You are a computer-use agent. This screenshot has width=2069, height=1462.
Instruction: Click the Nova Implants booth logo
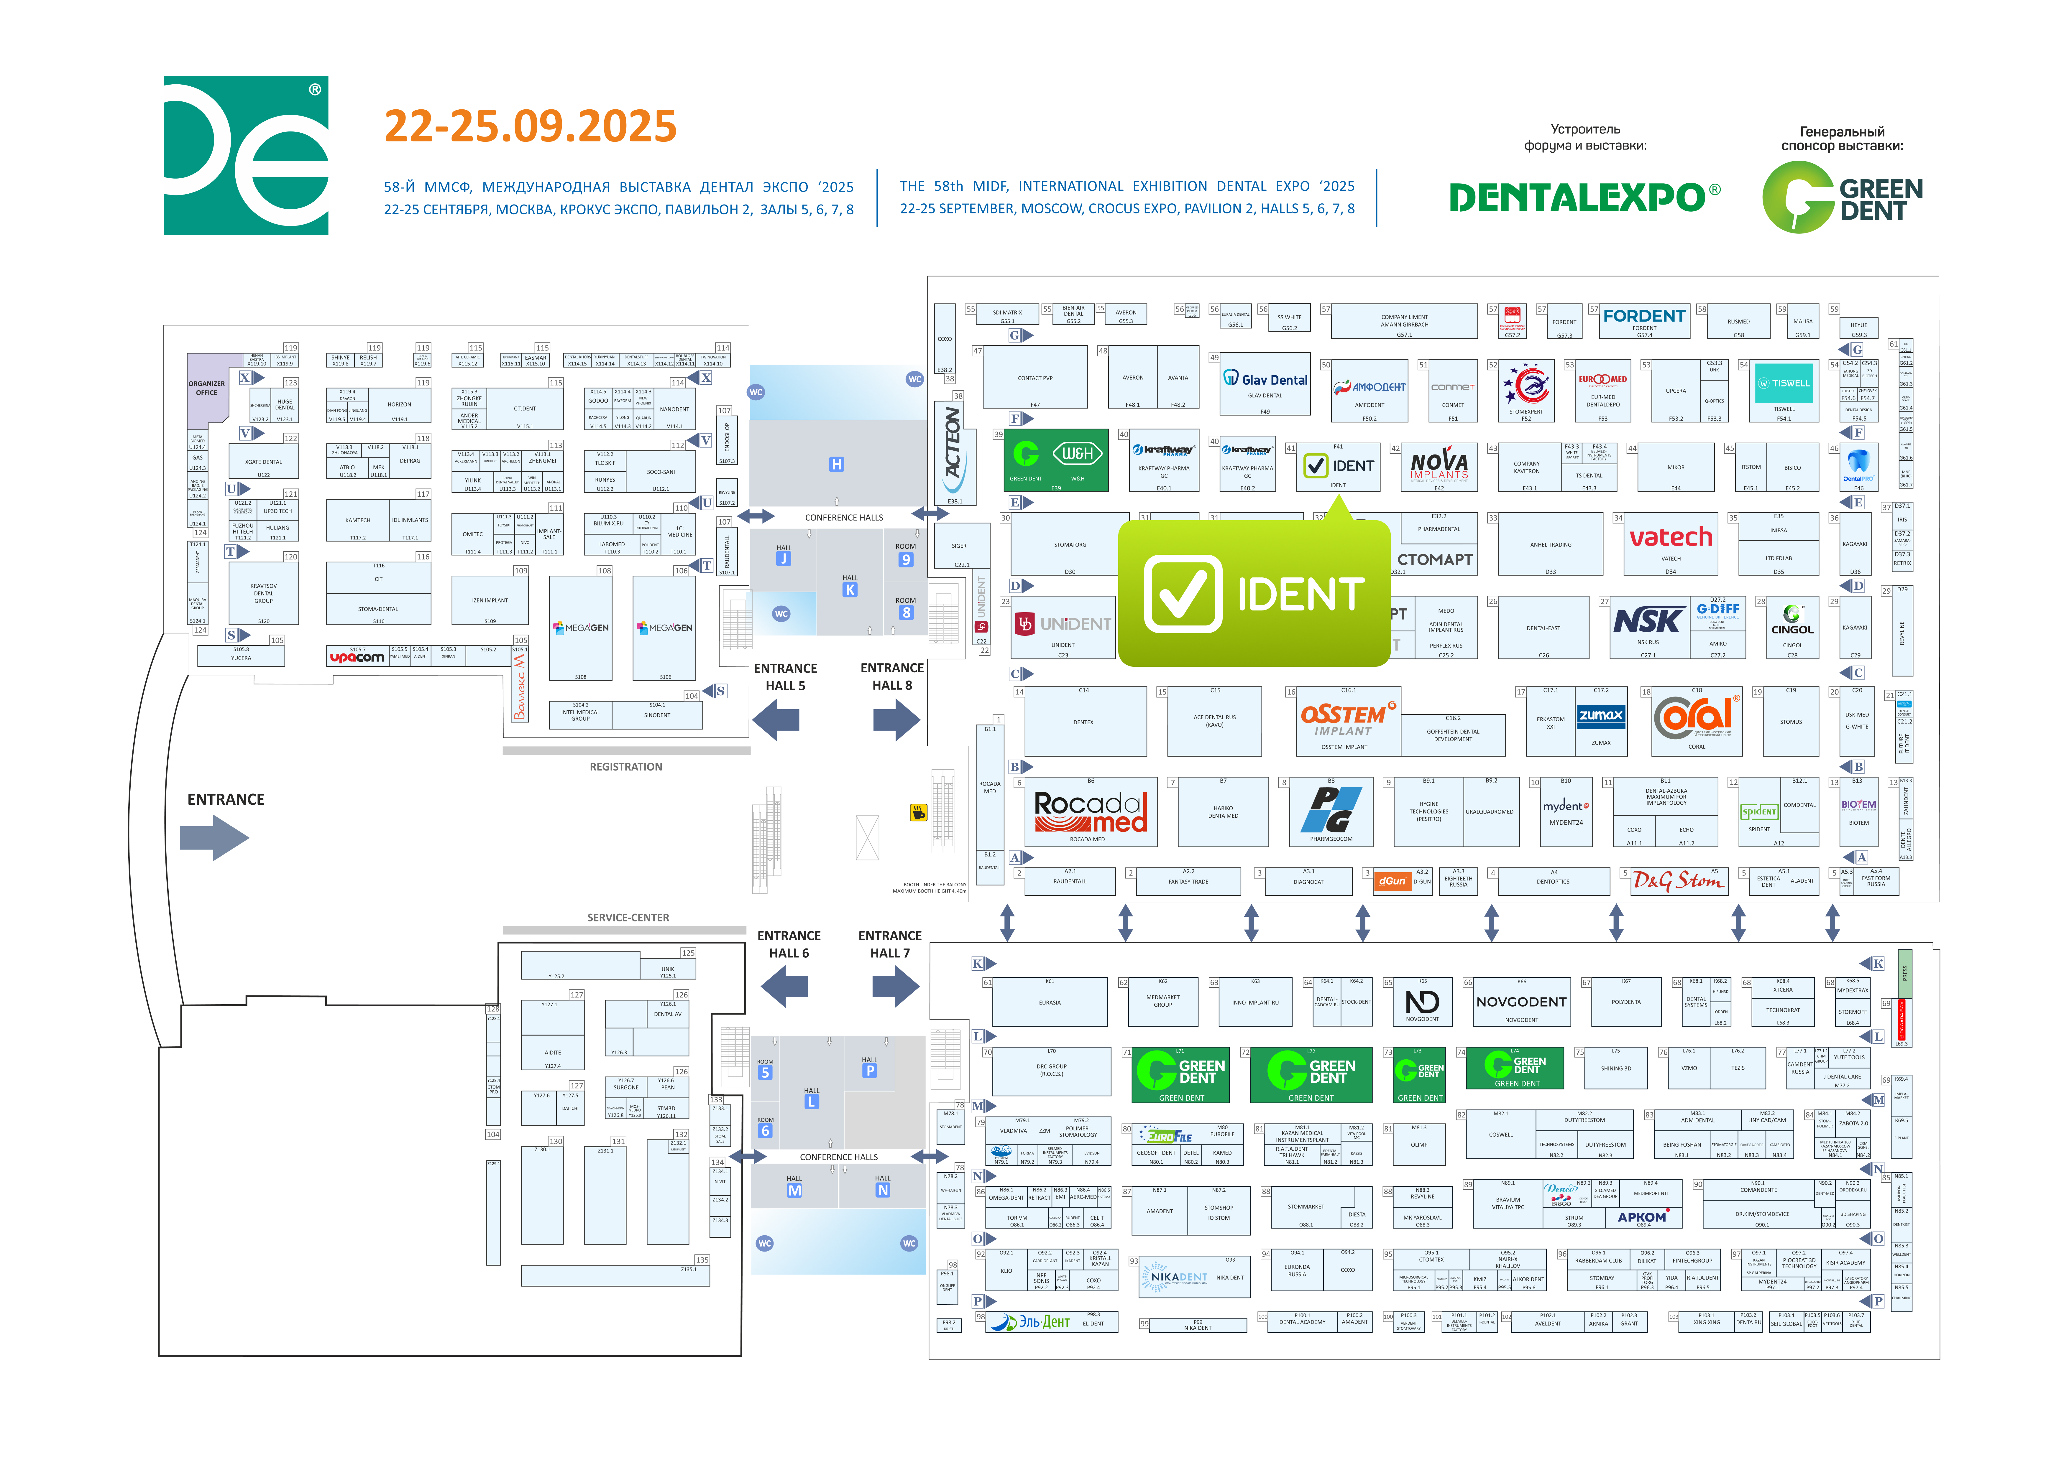point(1439,465)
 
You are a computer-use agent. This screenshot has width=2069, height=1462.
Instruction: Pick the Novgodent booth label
point(1521,1002)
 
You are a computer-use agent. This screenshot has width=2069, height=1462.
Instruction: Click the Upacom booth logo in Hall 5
point(357,658)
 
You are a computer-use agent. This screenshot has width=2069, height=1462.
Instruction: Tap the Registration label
point(625,767)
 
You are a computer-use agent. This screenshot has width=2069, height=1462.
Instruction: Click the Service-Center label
point(628,917)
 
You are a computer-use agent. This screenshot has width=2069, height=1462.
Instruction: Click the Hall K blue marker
point(850,590)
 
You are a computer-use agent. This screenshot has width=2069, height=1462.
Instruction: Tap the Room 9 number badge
point(906,559)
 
